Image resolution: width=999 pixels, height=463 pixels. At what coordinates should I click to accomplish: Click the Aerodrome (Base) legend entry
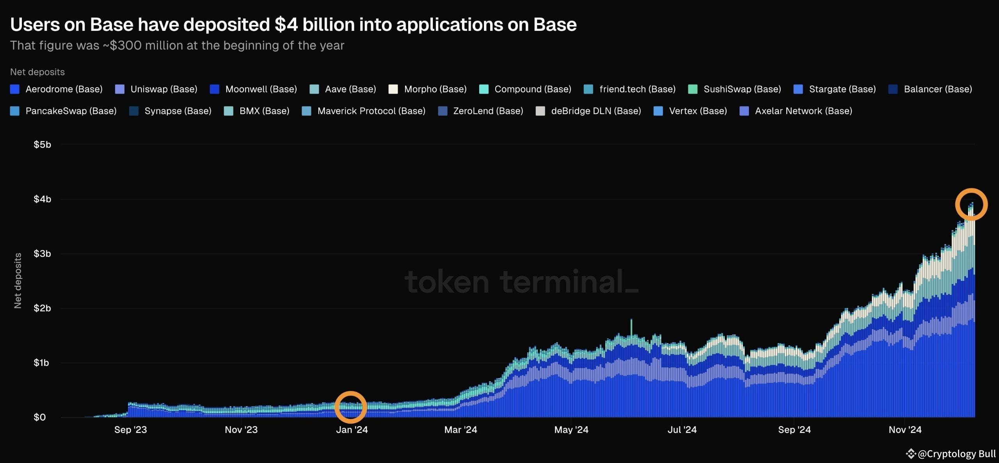click(x=57, y=89)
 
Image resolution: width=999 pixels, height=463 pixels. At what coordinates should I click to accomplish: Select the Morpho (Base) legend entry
click(x=428, y=89)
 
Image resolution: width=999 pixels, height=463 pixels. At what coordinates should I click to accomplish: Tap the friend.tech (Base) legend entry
click(x=629, y=89)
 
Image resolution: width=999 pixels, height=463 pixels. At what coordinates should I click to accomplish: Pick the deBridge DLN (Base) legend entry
click(x=588, y=111)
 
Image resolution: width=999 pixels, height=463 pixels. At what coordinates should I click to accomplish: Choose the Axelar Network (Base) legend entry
click(x=796, y=111)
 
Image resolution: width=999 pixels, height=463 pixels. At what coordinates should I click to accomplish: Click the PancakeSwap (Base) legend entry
click(x=63, y=111)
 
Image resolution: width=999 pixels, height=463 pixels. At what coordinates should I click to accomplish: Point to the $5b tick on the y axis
click(x=42, y=145)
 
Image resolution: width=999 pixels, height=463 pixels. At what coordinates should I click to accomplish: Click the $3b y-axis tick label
click(x=42, y=254)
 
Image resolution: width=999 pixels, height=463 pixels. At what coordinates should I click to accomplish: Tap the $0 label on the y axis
click(x=39, y=417)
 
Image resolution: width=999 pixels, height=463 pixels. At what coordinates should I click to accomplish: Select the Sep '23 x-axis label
click(x=130, y=430)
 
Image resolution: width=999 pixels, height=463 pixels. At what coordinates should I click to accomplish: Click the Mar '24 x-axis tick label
click(x=460, y=430)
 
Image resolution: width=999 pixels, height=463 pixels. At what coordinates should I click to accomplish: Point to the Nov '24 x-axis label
click(x=905, y=430)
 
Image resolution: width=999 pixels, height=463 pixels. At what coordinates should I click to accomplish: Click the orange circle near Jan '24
click(x=350, y=407)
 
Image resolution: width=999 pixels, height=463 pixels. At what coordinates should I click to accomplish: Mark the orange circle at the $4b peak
click(x=971, y=204)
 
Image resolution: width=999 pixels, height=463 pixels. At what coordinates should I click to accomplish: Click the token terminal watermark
click(x=521, y=282)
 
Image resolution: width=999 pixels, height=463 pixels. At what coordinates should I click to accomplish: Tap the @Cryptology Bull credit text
click(x=956, y=454)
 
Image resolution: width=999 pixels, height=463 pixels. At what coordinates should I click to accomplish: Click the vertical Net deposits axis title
click(x=18, y=280)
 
